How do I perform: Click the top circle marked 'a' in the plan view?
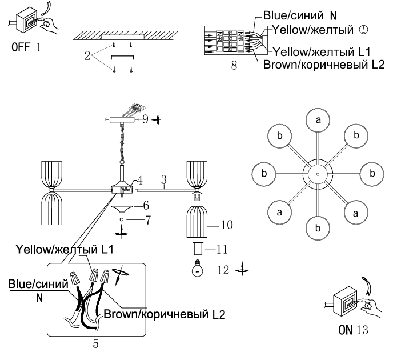coord(317,119)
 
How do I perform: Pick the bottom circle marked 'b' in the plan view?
coord(317,228)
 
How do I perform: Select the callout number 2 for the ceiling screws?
coord(86,58)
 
